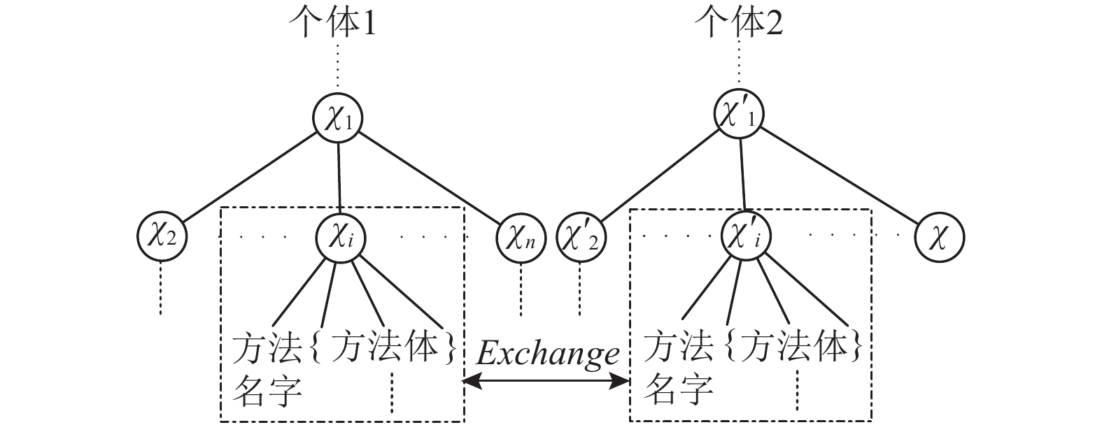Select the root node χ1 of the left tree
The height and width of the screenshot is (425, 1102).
[338, 118]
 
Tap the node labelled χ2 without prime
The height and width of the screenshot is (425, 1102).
[162, 237]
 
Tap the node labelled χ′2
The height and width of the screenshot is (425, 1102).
[581, 238]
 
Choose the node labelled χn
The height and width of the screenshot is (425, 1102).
[520, 237]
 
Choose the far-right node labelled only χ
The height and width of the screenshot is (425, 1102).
[940, 237]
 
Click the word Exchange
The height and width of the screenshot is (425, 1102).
[547, 354]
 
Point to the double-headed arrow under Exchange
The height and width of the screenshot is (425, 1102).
[547, 381]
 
